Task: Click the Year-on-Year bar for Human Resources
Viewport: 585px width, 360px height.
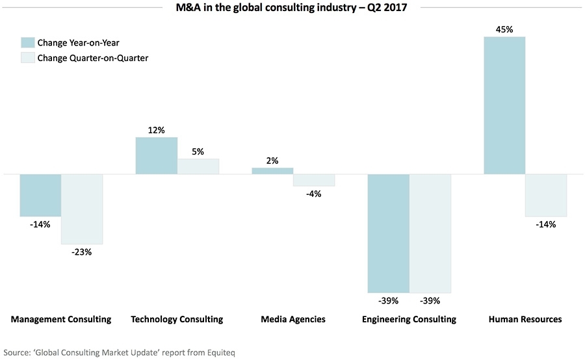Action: click(504, 105)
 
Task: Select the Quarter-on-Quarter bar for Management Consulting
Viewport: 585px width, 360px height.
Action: click(82, 209)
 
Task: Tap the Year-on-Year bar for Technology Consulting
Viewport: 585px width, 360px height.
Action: click(156, 155)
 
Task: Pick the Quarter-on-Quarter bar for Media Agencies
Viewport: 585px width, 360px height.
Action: click(314, 180)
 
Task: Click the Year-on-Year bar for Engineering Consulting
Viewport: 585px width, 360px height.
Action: click(388, 233)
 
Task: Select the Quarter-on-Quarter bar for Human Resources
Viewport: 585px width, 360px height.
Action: click(546, 195)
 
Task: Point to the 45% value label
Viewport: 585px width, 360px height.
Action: click(504, 29)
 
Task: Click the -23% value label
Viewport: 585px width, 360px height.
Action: click(82, 252)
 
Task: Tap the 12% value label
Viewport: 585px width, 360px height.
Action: click(156, 130)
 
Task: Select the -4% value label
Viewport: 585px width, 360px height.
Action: click(314, 194)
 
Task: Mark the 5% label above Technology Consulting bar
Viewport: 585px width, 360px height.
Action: click(198, 151)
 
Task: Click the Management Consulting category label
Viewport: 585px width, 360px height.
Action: click(61, 319)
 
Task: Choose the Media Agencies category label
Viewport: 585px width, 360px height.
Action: click(292, 319)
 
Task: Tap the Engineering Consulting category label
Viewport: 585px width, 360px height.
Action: click(409, 319)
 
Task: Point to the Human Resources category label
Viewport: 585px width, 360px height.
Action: click(525, 319)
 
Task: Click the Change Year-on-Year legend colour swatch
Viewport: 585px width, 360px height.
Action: click(28, 43)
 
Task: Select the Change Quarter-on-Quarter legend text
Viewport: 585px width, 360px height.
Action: click(94, 58)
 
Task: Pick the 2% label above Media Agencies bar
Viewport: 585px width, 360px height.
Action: click(272, 161)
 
